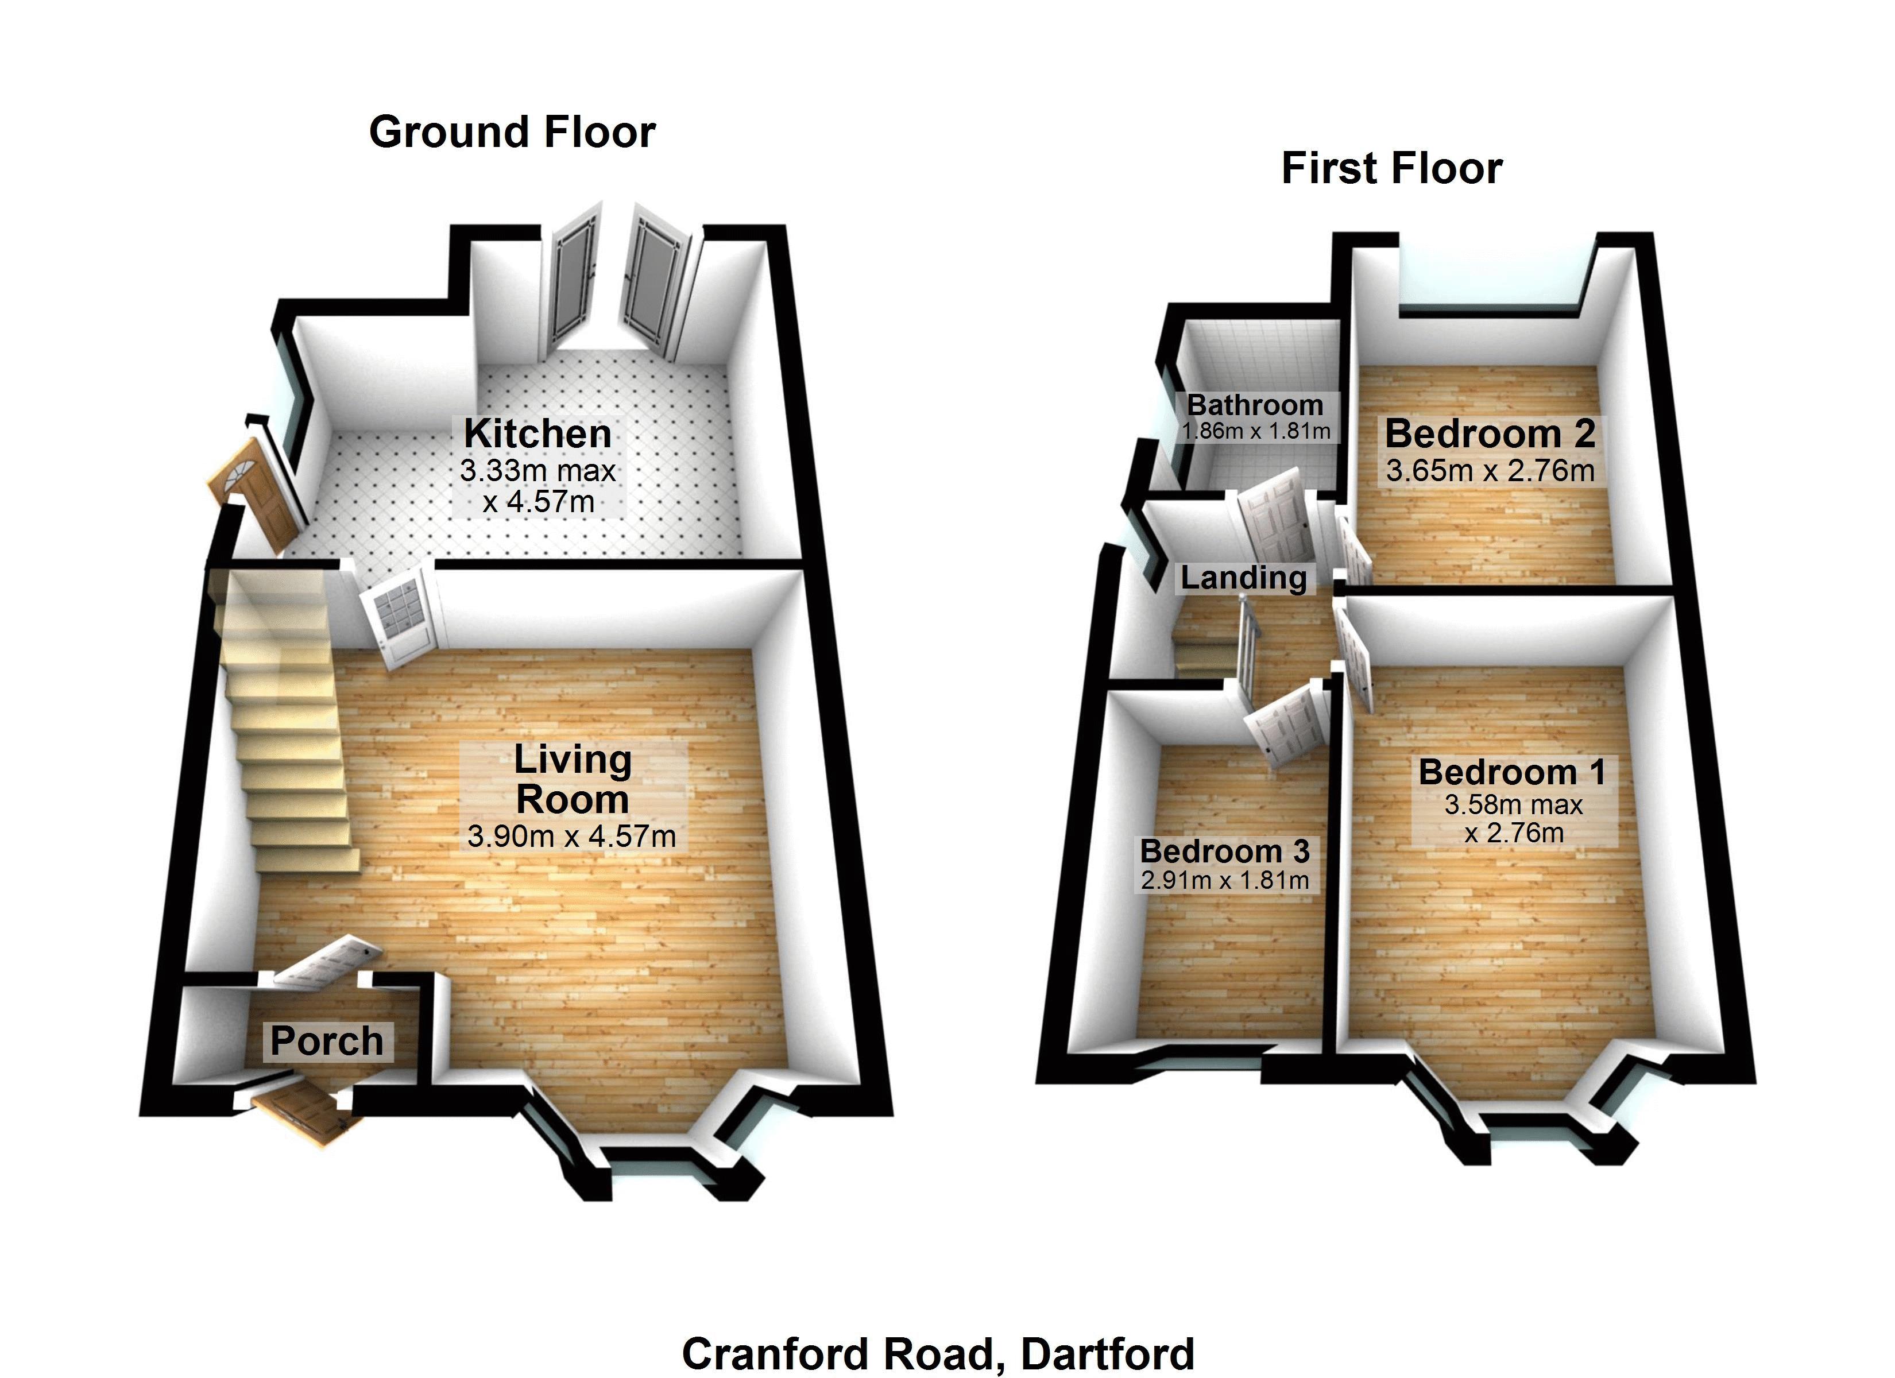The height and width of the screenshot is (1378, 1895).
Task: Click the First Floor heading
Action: tap(1391, 169)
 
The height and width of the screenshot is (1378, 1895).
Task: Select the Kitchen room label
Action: tap(537, 433)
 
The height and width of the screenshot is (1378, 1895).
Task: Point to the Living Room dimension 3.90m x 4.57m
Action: tap(571, 835)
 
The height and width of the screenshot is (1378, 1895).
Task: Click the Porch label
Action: tap(327, 1041)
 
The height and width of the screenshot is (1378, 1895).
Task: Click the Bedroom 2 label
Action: tap(1490, 433)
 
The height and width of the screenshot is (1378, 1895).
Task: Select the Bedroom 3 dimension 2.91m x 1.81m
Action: tap(1224, 880)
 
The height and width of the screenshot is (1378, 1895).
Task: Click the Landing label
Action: tap(1243, 578)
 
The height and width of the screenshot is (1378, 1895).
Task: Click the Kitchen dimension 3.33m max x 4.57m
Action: tap(538, 486)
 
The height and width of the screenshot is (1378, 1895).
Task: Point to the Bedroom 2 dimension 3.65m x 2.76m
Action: tap(1490, 470)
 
